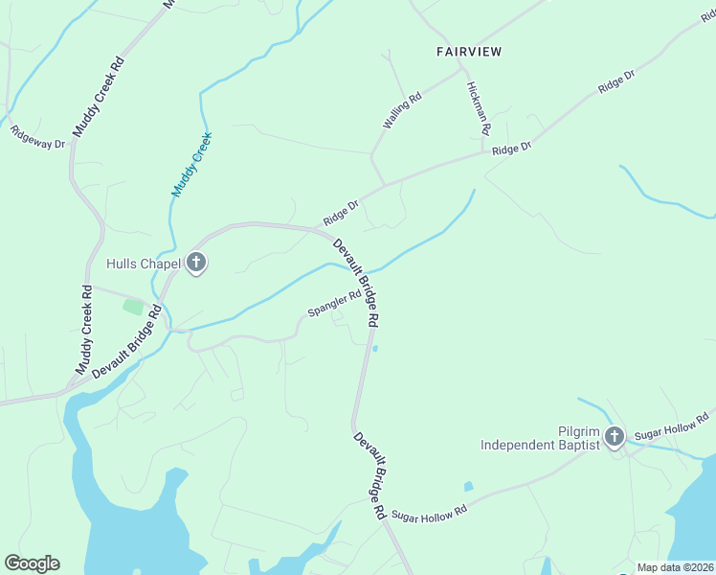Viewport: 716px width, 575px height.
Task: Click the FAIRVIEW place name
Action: click(x=470, y=50)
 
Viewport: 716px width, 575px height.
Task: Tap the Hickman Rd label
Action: click(x=479, y=106)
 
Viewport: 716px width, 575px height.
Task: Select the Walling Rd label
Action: click(x=402, y=111)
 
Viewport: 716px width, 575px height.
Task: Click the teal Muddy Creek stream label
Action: click(x=191, y=165)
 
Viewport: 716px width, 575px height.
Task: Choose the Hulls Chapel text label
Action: click(x=144, y=263)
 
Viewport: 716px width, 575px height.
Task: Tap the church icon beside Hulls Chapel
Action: click(x=196, y=262)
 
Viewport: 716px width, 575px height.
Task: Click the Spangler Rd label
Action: click(x=334, y=304)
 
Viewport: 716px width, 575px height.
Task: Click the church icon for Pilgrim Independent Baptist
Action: click(x=614, y=437)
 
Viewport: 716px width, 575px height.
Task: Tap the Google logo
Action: click(x=32, y=563)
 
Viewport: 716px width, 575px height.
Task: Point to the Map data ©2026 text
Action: click(x=676, y=567)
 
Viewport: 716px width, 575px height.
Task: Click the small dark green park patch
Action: click(x=133, y=308)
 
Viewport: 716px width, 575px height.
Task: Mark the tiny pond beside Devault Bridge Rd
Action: click(x=374, y=348)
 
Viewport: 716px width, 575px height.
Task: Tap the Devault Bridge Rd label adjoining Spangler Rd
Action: click(x=357, y=280)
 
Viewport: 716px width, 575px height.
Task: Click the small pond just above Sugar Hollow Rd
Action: click(x=468, y=486)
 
